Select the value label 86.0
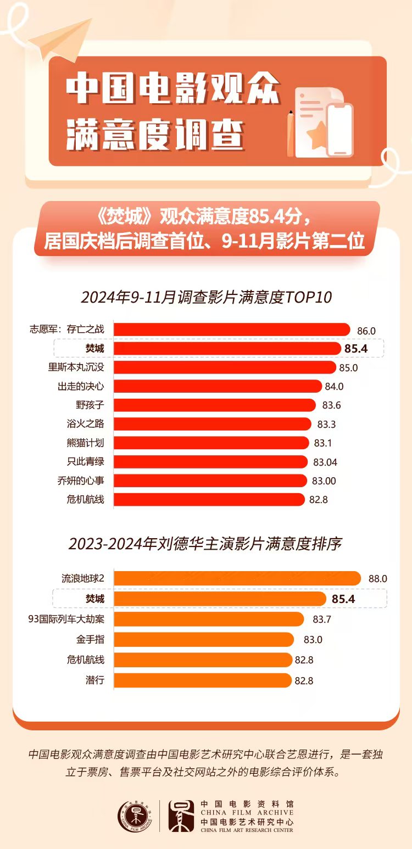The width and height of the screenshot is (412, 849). coord(366,331)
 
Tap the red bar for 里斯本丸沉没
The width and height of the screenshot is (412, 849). coord(225,367)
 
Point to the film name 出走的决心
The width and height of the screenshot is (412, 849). coord(81,386)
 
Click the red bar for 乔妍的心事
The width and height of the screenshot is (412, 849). coord(210,481)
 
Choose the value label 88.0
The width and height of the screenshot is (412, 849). coord(378,579)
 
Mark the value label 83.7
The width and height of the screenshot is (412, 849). coord(322,619)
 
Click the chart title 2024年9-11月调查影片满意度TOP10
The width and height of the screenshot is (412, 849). coord(207,297)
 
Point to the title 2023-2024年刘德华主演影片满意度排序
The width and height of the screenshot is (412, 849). coord(205,544)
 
